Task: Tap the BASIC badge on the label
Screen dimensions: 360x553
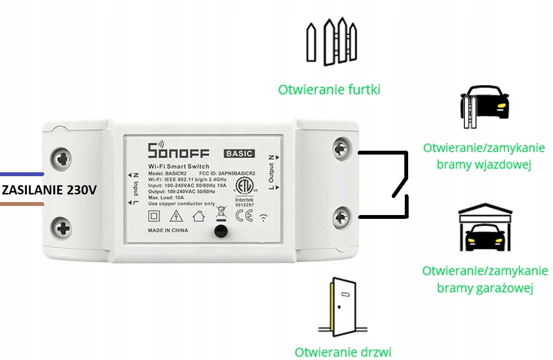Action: pos(239,154)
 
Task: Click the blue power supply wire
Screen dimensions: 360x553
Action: pos(22,174)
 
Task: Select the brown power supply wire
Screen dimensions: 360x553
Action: pos(22,204)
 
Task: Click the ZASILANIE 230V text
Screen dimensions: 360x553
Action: pos(48,190)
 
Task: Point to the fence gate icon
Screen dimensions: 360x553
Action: pos(331,42)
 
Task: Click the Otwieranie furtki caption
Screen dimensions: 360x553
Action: pos(329,89)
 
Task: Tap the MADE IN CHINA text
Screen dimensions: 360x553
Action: pos(168,230)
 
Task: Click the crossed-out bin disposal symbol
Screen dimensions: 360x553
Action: pos(221,212)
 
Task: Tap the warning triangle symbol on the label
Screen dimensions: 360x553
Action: pos(176,216)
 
